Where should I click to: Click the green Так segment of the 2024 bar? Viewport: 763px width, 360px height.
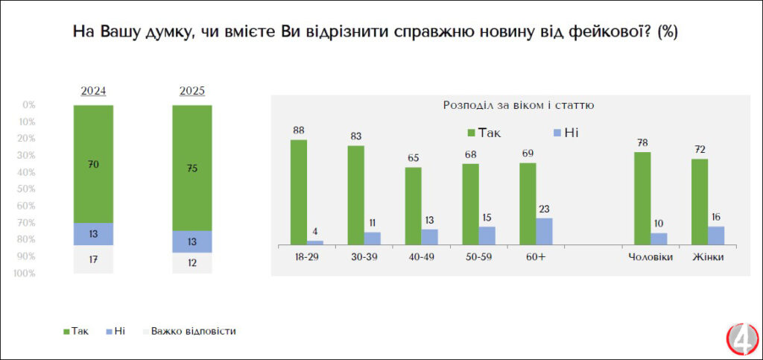(93, 164)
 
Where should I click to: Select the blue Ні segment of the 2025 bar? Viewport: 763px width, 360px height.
(192, 241)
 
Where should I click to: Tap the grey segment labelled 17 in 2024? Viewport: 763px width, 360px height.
(93, 259)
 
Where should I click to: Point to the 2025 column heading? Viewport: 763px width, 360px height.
(192, 91)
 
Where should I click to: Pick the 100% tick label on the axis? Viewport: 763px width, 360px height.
(25, 274)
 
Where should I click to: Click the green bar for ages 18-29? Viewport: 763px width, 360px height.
(299, 192)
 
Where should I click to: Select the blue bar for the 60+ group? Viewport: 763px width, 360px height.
(544, 231)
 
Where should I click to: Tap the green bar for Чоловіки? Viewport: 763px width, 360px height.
(642, 198)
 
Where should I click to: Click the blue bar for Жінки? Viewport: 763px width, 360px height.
(716, 235)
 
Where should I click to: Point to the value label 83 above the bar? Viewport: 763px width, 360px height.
(356, 136)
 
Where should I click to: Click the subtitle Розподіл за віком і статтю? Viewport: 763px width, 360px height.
(519, 106)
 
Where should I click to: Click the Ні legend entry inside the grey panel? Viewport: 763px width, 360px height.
(564, 133)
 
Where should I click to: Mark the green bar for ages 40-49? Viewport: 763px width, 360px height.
(413, 206)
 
